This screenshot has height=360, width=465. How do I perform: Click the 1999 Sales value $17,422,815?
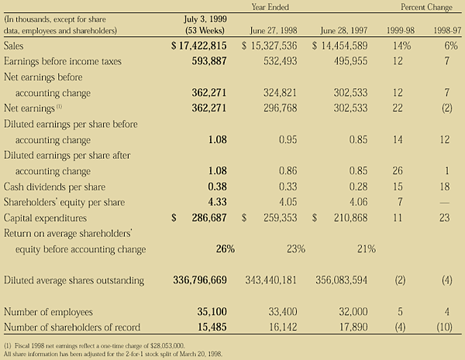(x=199, y=46)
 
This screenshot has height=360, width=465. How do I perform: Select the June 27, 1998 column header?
(x=274, y=30)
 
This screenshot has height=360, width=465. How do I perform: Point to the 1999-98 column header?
(x=402, y=30)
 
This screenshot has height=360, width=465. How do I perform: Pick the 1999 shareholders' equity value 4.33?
(x=214, y=203)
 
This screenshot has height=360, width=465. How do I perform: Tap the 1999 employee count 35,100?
(x=208, y=311)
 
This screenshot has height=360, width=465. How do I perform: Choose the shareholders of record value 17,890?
(x=355, y=327)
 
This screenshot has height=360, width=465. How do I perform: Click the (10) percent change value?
(x=446, y=327)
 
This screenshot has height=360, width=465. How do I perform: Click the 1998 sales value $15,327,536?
(x=271, y=46)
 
